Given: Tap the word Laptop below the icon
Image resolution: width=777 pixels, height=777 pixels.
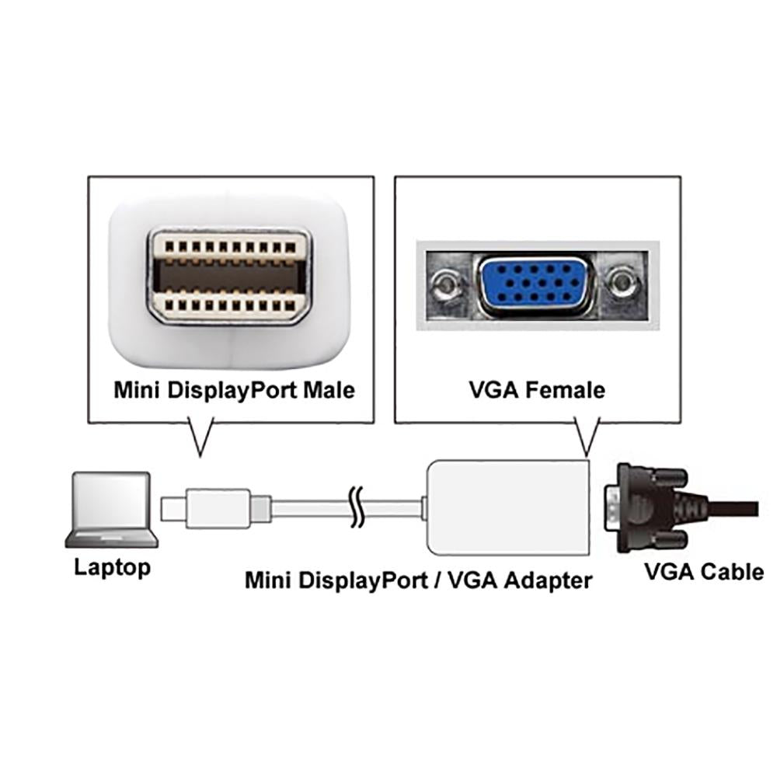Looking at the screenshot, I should pyautogui.click(x=113, y=567).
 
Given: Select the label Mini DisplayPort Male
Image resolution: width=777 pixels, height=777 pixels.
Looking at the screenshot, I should pyautogui.click(x=234, y=388).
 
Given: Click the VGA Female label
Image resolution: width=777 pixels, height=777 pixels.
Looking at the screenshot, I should pyautogui.click(x=537, y=388).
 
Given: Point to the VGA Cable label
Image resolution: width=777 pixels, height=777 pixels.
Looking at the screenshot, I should pyautogui.click(x=704, y=573).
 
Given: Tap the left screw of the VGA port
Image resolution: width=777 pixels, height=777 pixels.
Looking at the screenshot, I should pyautogui.click(x=445, y=286).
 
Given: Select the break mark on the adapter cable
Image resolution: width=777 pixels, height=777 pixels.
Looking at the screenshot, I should pyautogui.click(x=357, y=509).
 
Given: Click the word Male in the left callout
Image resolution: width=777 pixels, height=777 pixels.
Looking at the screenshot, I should pyautogui.click(x=326, y=388).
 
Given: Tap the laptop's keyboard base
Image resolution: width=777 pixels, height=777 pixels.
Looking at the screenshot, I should pyautogui.click(x=113, y=538).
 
